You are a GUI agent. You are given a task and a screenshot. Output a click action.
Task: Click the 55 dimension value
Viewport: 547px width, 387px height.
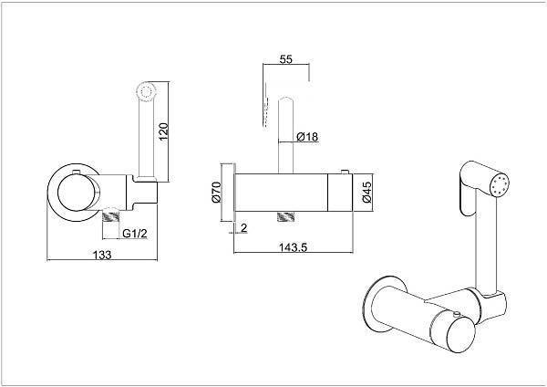(285, 59)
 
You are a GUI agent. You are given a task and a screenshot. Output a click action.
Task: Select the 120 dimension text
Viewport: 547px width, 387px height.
(163, 131)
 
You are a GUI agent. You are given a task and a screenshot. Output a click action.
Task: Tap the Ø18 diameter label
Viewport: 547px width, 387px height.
(307, 137)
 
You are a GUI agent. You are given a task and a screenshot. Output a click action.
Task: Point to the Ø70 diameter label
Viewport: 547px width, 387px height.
(216, 192)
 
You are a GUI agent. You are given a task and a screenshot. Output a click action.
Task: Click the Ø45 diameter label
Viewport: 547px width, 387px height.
(366, 192)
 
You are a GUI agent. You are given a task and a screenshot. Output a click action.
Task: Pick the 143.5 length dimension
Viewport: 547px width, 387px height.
(293, 247)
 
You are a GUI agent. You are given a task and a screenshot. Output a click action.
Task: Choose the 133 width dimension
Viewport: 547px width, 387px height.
(102, 255)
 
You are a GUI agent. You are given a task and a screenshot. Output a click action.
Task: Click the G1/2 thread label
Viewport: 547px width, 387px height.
(135, 234)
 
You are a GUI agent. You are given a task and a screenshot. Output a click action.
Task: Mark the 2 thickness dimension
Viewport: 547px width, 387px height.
(243, 228)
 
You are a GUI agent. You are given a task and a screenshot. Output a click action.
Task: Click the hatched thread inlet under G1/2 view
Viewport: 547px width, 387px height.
(110, 216)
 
